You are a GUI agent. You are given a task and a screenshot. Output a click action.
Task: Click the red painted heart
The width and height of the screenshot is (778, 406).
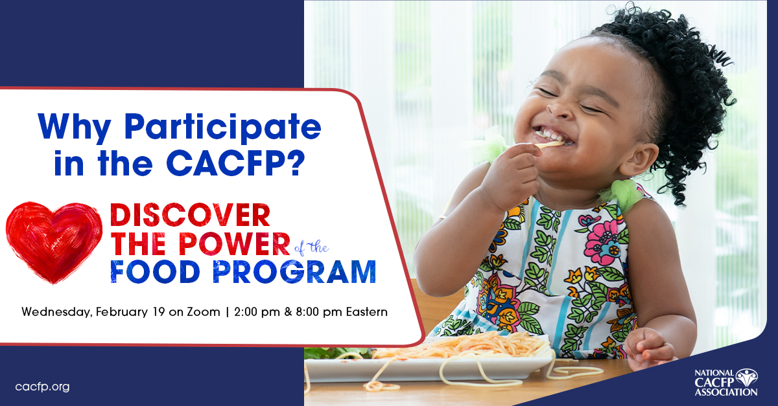pyautogui.click(x=53, y=241)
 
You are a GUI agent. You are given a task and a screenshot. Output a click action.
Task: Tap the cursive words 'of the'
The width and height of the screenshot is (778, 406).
pyautogui.click(x=311, y=247)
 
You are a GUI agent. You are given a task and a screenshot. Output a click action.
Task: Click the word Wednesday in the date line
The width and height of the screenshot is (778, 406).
pyautogui.click(x=56, y=312)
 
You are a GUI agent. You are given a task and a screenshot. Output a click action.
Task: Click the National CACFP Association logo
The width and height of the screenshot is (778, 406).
pyautogui.click(x=725, y=382)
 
